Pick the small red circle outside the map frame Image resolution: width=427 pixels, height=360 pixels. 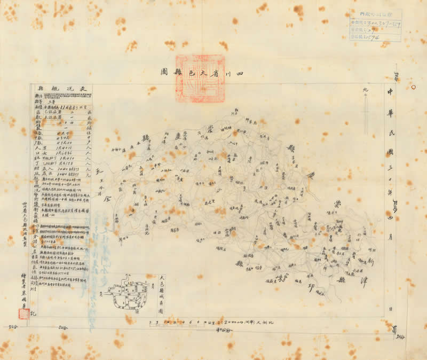(x=413, y=86)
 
